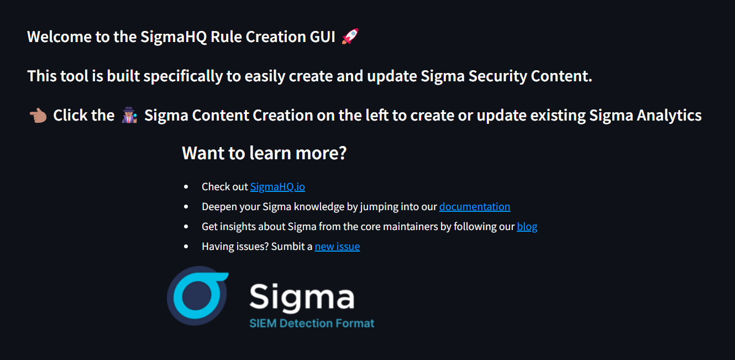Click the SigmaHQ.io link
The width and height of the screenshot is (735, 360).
click(x=277, y=187)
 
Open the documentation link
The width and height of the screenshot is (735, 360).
click(x=474, y=207)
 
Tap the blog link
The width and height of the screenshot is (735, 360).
click(x=527, y=227)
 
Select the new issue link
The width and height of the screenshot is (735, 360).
click(x=337, y=247)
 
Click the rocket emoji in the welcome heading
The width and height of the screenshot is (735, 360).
click(x=350, y=37)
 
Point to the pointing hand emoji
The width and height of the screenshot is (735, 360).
click(x=38, y=116)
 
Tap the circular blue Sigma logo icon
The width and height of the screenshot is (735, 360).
click(x=197, y=296)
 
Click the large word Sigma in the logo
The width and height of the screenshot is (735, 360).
click(x=302, y=297)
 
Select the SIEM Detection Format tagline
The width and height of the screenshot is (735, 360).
click(x=312, y=324)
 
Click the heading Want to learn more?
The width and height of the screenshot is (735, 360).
click(x=264, y=153)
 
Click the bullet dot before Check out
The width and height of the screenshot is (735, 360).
click(x=186, y=187)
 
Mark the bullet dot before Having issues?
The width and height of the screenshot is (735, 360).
click(x=186, y=247)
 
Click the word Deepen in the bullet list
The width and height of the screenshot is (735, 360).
click(x=217, y=207)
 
